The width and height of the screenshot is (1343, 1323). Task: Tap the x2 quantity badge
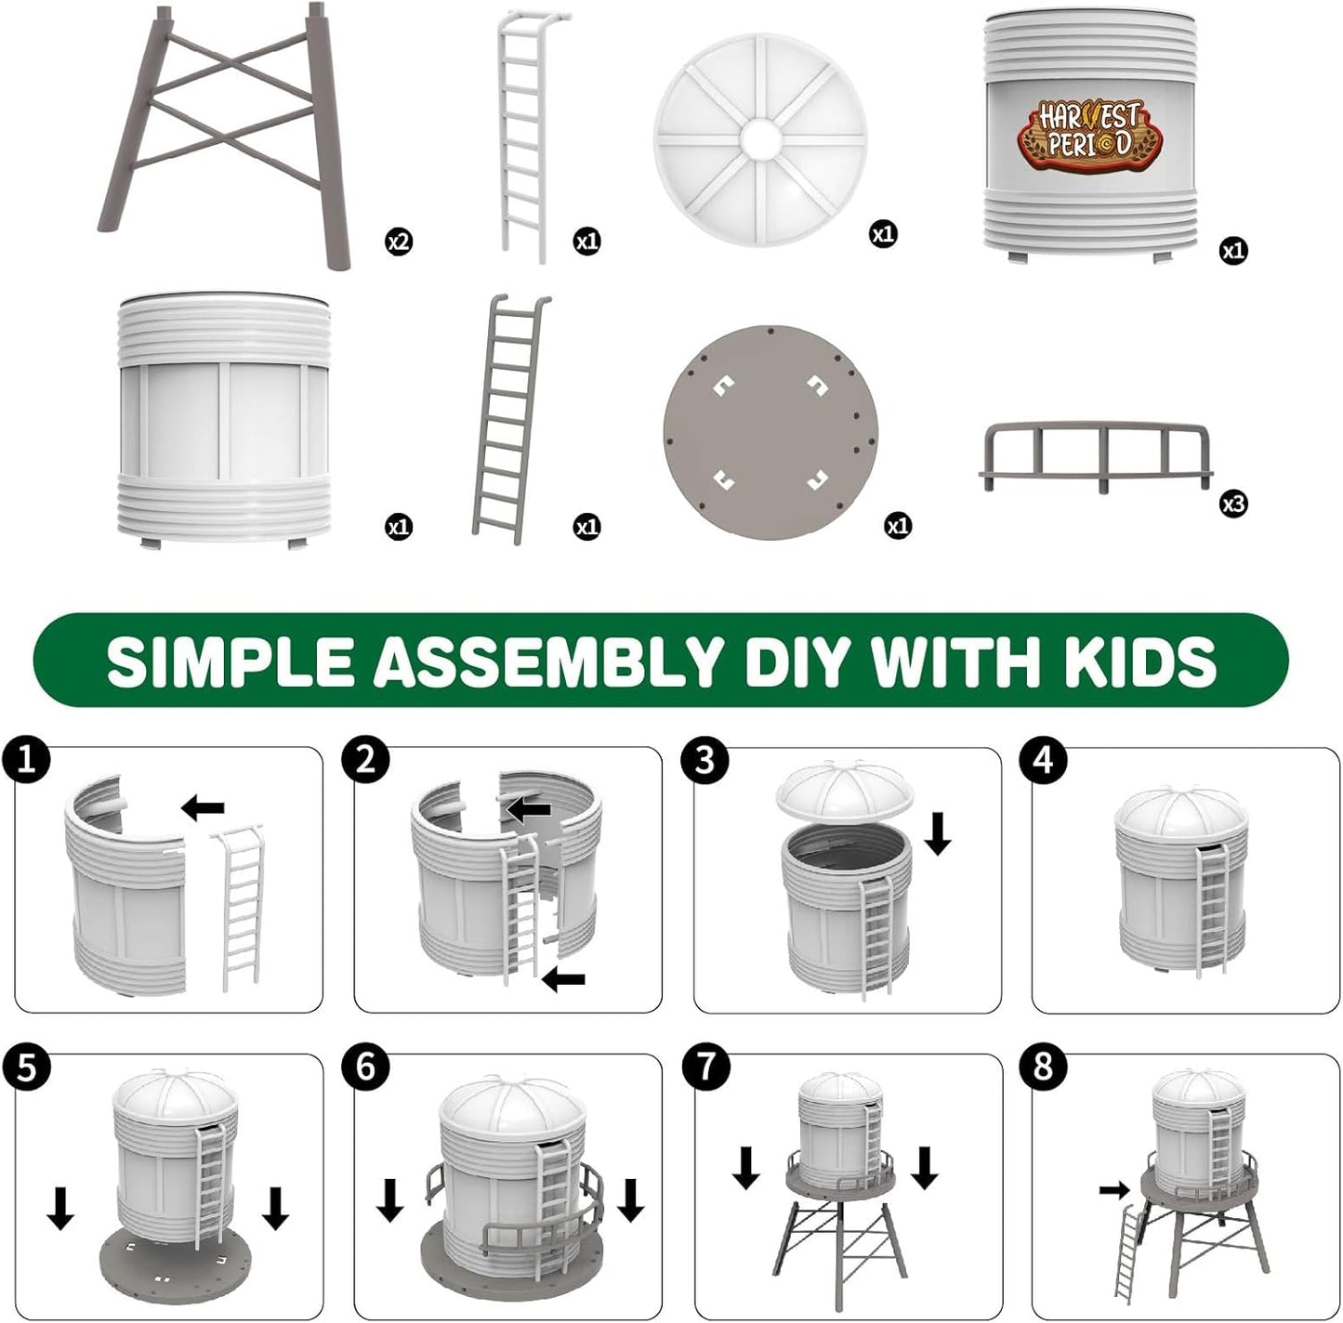pyautogui.click(x=399, y=242)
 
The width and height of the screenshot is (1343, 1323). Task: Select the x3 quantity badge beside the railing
pyautogui.click(x=1232, y=504)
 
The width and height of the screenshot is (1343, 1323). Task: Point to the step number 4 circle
pyautogui.click(x=1043, y=759)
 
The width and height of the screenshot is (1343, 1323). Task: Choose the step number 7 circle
pyautogui.click(x=704, y=1066)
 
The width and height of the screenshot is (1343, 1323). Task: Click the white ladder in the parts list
pyautogui.click(x=527, y=130)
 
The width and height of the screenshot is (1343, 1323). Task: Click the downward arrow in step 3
pyautogui.click(x=939, y=833)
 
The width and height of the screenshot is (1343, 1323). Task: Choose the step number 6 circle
pyautogui.click(x=365, y=1066)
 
